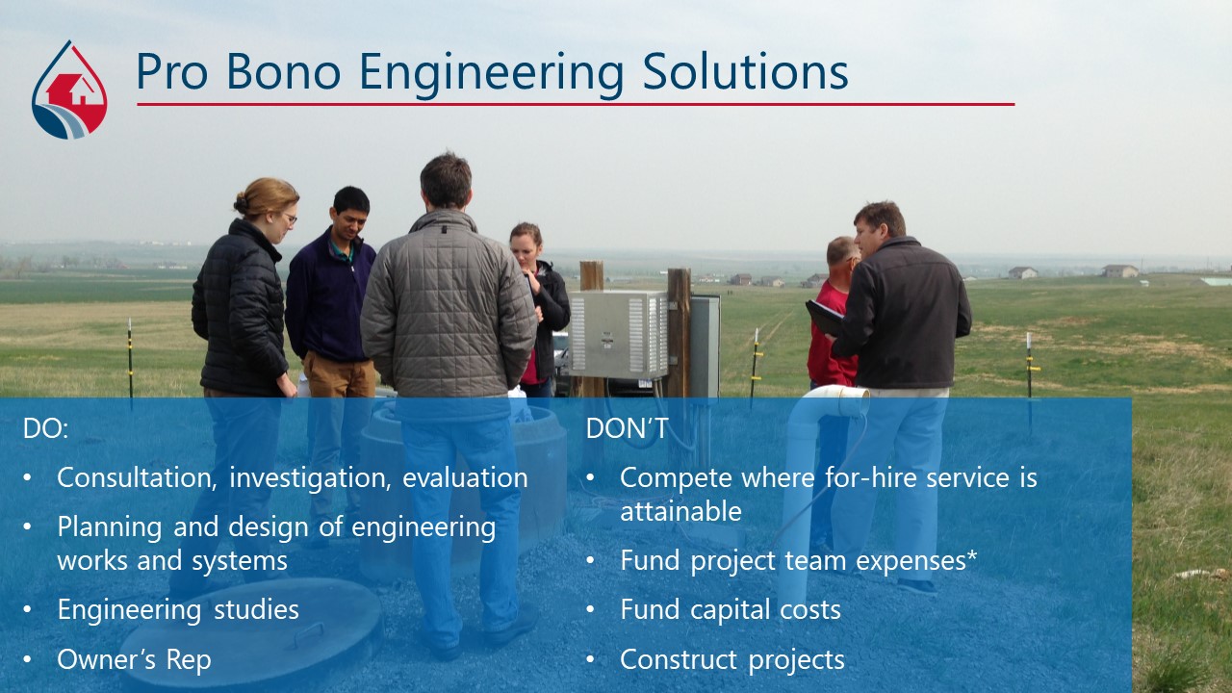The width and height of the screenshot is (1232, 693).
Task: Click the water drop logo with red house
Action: [x=69, y=90]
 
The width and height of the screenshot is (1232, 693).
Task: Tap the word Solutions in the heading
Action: [x=745, y=71]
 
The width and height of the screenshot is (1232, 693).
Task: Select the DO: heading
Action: [x=45, y=428]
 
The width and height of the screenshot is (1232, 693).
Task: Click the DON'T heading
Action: [x=627, y=428]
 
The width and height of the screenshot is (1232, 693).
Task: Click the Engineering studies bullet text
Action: [x=178, y=610]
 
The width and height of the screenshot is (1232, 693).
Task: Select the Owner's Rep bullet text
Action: [x=134, y=660]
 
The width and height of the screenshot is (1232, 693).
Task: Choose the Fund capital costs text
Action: [x=731, y=610]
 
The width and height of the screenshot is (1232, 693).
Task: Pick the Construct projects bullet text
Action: [x=732, y=660]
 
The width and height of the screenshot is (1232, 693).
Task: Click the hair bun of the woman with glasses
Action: [x=241, y=204]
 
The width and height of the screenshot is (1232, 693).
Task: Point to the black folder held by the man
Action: [x=824, y=319]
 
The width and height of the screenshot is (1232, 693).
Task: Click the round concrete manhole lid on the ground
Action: [x=250, y=632]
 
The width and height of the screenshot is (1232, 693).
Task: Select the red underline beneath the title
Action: [x=576, y=104]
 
